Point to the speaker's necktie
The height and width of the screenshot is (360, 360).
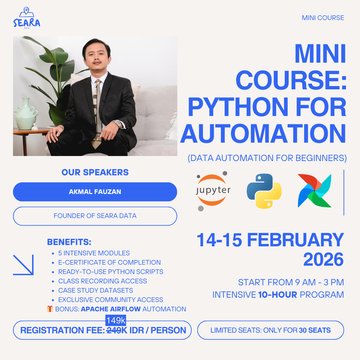click(98, 112)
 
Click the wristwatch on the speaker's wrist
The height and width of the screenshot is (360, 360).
click(118, 123)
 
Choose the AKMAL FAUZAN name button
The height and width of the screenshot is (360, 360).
click(95, 192)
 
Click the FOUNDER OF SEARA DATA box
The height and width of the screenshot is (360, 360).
click(95, 216)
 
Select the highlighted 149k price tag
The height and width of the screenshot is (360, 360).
click(116, 320)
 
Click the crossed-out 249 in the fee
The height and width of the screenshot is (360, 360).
click(114, 330)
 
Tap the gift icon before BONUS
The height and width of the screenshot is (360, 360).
click(50, 309)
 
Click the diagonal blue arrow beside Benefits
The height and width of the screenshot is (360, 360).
click(23, 265)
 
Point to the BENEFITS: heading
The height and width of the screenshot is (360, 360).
click(69, 242)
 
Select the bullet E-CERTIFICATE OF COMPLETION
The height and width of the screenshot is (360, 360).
click(109, 262)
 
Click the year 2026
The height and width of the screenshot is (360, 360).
click(323, 259)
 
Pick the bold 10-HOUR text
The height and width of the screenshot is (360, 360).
click(277, 295)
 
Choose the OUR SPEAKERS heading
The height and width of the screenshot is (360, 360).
click(95, 172)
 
